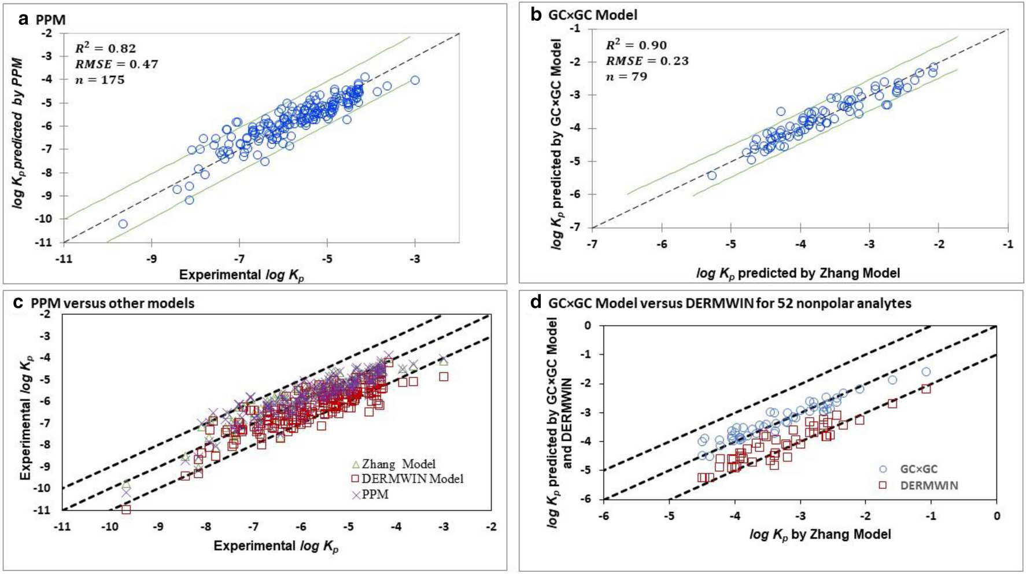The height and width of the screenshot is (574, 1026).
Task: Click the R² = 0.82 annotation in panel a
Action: pyautogui.click(x=105, y=49)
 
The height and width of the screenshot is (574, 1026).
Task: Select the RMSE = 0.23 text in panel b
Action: pyautogui.click(x=647, y=61)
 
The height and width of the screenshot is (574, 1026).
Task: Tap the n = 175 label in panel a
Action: pyautogui.click(x=99, y=80)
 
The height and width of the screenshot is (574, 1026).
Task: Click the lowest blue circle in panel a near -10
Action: pyautogui.click(x=123, y=223)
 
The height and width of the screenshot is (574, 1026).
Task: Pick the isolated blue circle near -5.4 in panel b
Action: pyautogui.click(x=712, y=175)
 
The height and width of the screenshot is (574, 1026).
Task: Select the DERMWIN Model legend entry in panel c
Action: pyautogui.click(x=407, y=479)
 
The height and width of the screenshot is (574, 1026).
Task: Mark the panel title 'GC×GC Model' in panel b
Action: pyautogui.click(x=592, y=15)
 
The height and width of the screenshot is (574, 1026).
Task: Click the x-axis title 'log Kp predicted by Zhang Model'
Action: pyautogui.click(x=798, y=273)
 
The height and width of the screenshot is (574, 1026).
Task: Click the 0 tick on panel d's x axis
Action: pyautogui.click(x=997, y=515)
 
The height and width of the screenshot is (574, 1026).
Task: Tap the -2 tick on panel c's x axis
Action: pyautogui.click(x=491, y=527)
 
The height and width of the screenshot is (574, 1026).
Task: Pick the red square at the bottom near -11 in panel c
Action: pyautogui.click(x=126, y=510)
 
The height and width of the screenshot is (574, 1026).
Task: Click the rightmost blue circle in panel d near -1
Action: pyautogui.click(x=926, y=371)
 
